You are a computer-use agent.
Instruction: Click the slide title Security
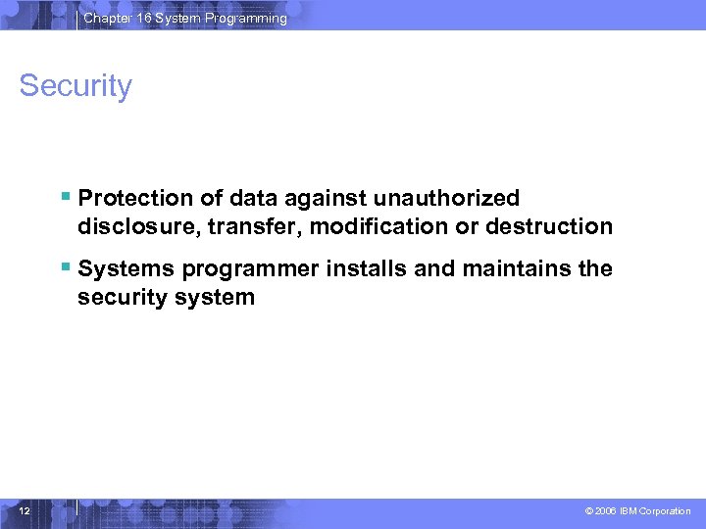pyautogui.click(x=76, y=86)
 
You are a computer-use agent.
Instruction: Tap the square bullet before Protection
pyautogui.click(x=65, y=196)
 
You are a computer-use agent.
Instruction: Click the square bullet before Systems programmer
pyautogui.click(x=65, y=266)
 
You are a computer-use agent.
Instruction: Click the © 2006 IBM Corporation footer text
pyautogui.click(x=637, y=511)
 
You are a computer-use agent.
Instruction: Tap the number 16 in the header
pyautogui.click(x=145, y=19)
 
